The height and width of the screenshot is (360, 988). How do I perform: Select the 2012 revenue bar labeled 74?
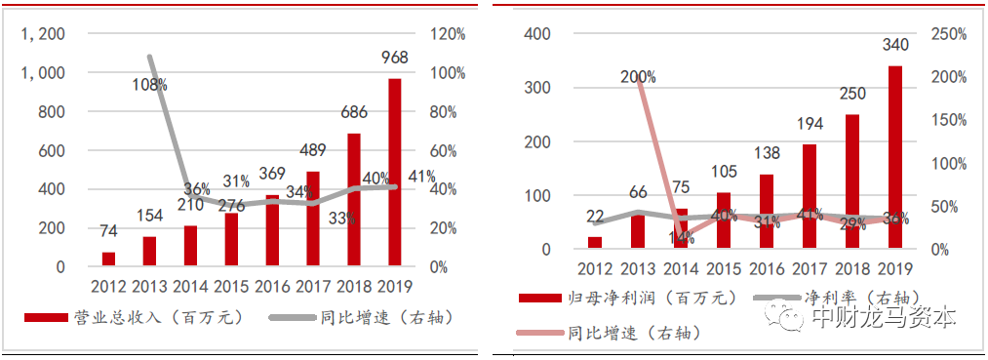pos(108,259)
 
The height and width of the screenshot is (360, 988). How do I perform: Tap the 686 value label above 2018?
pos(354,113)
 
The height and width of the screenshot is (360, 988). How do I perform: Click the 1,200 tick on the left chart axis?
pos(43,34)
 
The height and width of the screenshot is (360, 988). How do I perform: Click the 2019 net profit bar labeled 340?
pos(894,157)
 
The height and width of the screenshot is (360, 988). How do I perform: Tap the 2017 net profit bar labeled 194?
pos(810,196)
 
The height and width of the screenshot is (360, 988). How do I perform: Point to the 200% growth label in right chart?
pos(638,77)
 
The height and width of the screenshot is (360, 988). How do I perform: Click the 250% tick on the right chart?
pos(947,34)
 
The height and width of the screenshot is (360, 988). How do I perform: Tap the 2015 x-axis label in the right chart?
pos(723,268)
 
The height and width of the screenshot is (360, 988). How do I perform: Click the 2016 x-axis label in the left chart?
pos(272,286)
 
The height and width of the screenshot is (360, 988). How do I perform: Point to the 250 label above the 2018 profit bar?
pos(851,94)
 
